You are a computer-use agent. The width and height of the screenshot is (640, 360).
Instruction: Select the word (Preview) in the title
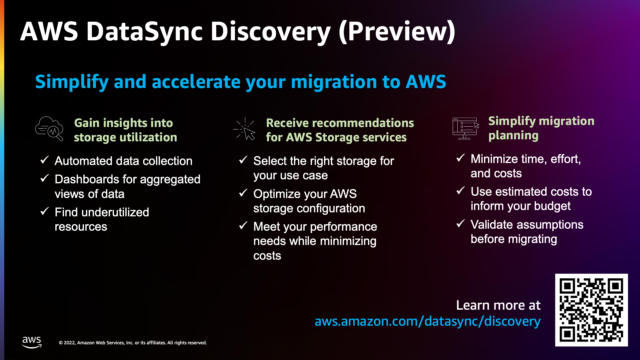(x=401, y=31)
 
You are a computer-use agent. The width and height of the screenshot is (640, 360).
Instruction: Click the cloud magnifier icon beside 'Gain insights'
(x=49, y=128)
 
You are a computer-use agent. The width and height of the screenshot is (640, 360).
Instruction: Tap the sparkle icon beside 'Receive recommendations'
(x=246, y=127)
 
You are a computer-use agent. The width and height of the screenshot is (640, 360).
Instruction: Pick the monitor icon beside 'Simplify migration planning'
(x=466, y=127)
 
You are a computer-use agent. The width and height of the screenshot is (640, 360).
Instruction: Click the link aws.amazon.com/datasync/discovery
(x=427, y=322)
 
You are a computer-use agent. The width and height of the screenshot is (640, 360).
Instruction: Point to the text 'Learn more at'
(x=498, y=304)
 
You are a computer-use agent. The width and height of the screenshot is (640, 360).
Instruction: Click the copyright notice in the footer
(x=133, y=342)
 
